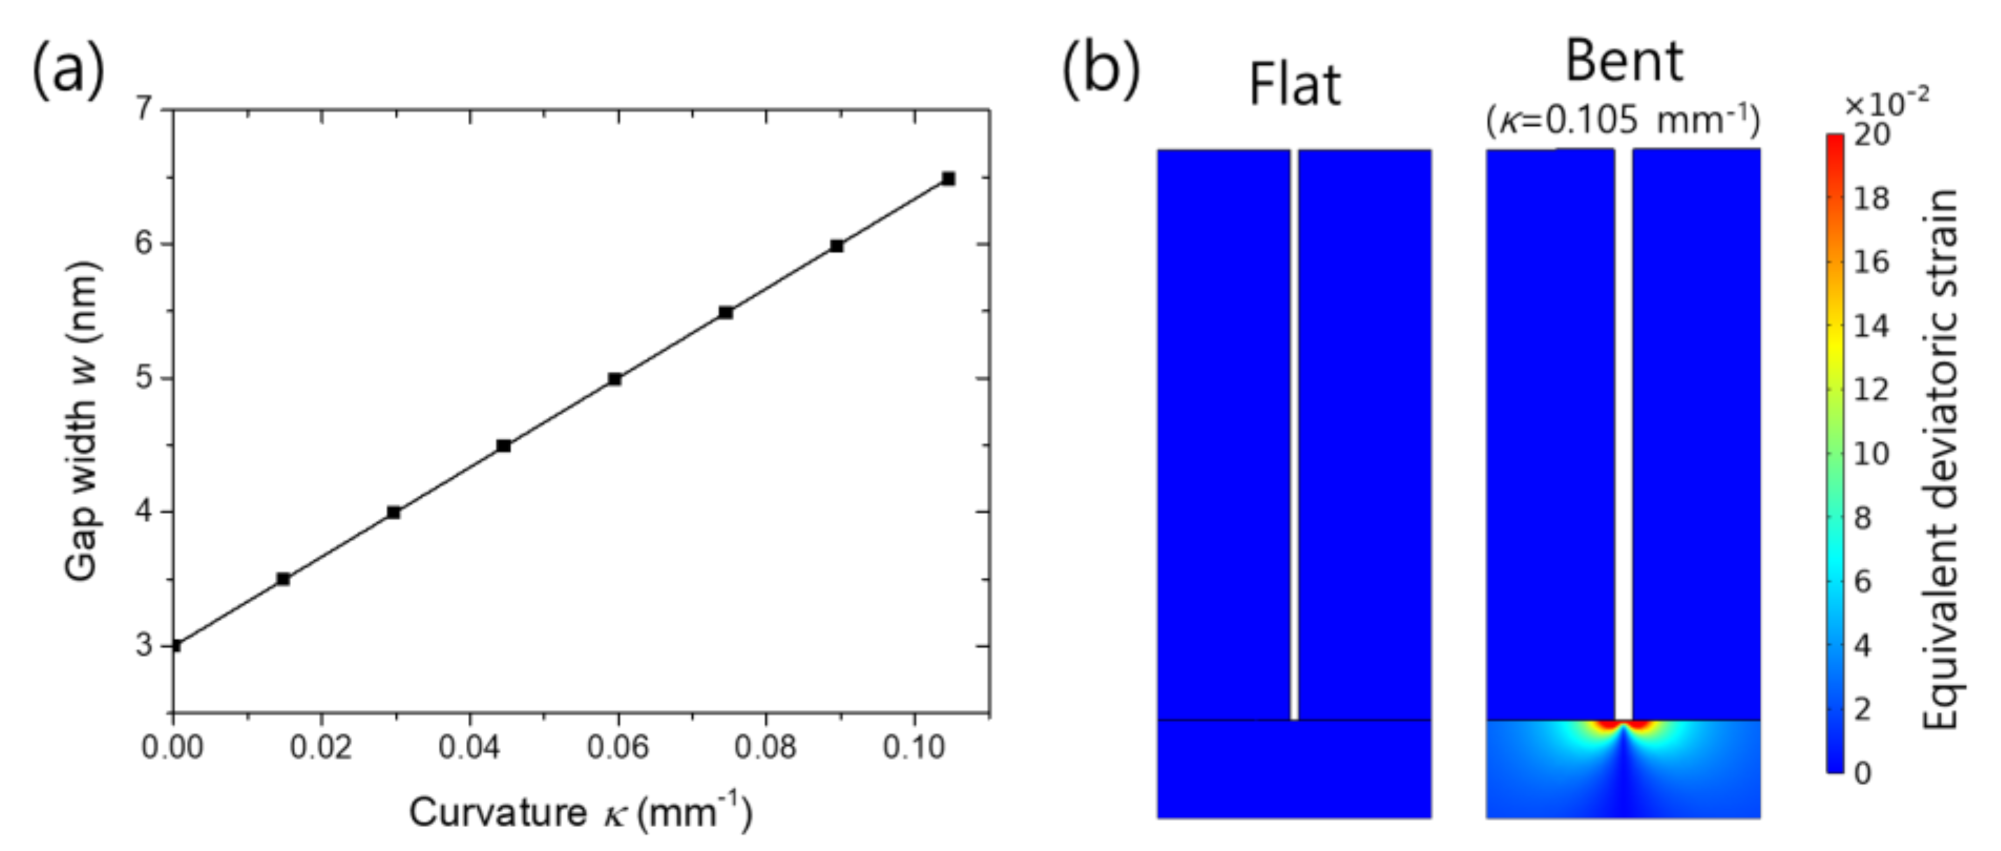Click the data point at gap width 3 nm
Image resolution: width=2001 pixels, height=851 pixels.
(x=175, y=645)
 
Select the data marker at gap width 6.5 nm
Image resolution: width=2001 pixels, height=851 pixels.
(x=948, y=179)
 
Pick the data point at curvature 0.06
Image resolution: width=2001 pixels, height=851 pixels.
(x=615, y=379)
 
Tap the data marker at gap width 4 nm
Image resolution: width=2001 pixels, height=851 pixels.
(x=394, y=512)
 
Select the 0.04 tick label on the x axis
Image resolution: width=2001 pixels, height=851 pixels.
(x=468, y=747)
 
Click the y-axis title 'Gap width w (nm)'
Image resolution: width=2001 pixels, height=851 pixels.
(x=84, y=420)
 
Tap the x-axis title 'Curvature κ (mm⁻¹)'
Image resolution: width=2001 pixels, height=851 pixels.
(x=580, y=811)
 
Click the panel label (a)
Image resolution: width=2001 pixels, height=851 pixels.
(x=68, y=70)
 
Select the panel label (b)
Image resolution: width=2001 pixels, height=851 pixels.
(x=1100, y=70)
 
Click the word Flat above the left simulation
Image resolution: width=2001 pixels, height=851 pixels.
(x=1294, y=84)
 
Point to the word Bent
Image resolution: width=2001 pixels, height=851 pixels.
(x=1623, y=62)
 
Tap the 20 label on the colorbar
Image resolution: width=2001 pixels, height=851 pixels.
(x=1871, y=135)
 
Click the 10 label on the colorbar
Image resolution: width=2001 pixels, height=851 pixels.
(x=1871, y=454)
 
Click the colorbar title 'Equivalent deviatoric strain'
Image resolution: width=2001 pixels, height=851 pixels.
(x=1939, y=460)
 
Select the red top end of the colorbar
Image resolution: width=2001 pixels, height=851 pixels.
(x=1834, y=140)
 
